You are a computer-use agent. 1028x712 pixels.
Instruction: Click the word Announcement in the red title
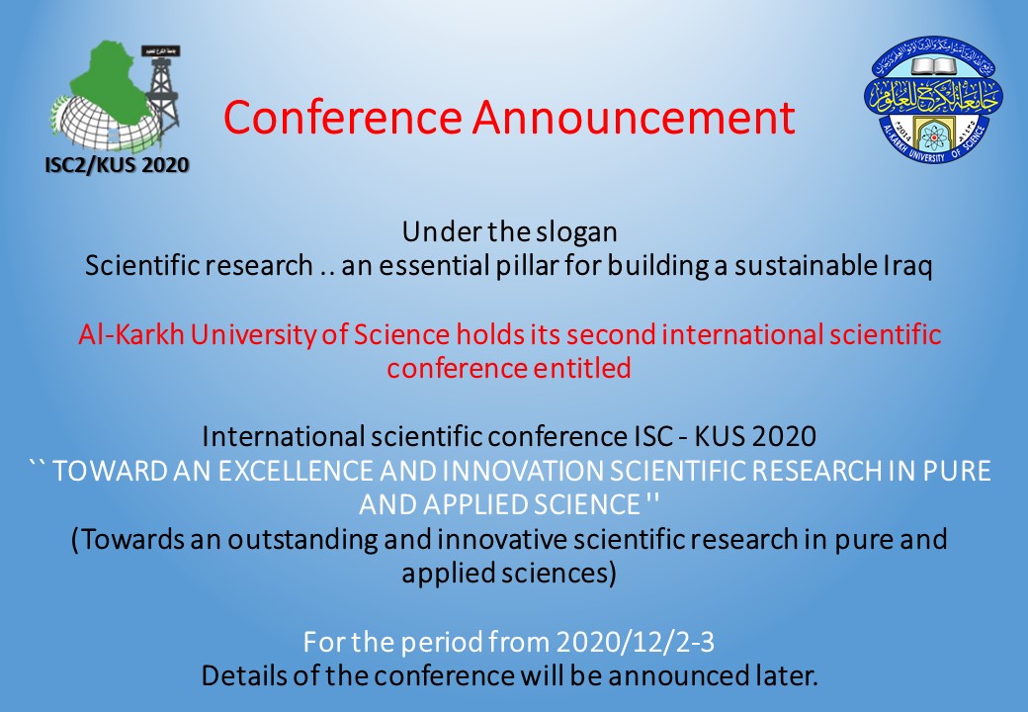click(x=634, y=119)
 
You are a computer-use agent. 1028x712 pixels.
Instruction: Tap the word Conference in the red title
click(x=342, y=119)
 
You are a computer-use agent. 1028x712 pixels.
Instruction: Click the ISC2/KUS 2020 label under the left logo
click(x=117, y=164)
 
